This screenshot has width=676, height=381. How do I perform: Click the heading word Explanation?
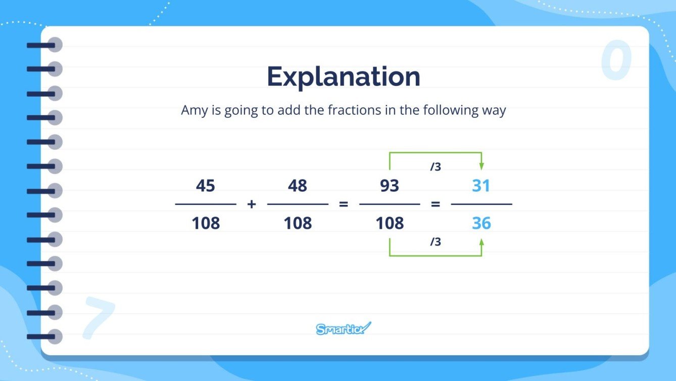pyautogui.click(x=343, y=77)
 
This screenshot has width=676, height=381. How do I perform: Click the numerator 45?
pyautogui.click(x=206, y=186)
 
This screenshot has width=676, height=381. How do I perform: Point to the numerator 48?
pyautogui.click(x=298, y=186)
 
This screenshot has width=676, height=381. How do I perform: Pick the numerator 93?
pyautogui.click(x=390, y=186)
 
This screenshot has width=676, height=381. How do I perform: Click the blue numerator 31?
pyautogui.click(x=481, y=186)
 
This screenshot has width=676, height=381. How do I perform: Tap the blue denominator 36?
pyautogui.click(x=481, y=223)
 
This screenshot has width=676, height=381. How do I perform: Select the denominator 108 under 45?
pyautogui.click(x=206, y=223)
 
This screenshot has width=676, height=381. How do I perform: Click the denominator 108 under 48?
pyautogui.click(x=298, y=223)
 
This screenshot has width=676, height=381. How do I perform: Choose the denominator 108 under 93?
pyautogui.click(x=390, y=223)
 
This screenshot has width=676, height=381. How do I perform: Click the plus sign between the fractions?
pyautogui.click(x=252, y=204)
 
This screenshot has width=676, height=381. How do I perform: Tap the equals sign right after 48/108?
pyautogui.click(x=344, y=204)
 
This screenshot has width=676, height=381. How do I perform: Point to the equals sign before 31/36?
pyautogui.click(x=435, y=204)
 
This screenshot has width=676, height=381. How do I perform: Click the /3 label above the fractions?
pyautogui.click(x=436, y=166)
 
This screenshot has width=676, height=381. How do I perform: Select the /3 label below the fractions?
pyautogui.click(x=436, y=242)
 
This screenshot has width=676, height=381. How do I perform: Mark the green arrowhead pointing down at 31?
pyautogui.click(x=481, y=166)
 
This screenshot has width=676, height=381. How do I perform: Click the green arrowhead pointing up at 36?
pyautogui.click(x=481, y=242)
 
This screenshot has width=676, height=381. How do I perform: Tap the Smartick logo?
pyautogui.click(x=344, y=329)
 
